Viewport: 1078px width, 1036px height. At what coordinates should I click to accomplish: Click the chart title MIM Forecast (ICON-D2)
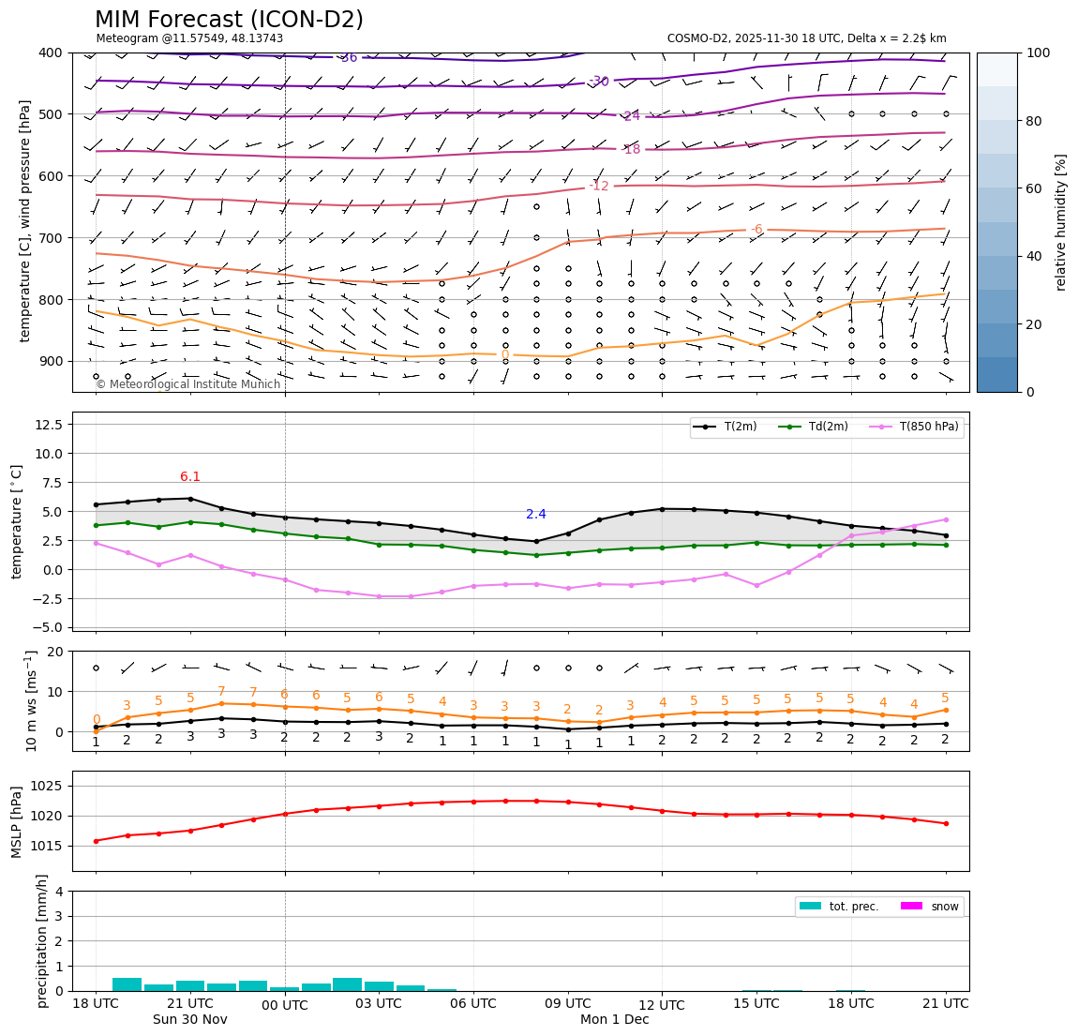coord(229,20)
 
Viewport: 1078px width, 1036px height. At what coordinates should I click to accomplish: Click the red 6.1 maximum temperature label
coord(190,477)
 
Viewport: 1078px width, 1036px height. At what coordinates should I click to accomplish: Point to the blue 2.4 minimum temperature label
coord(536,515)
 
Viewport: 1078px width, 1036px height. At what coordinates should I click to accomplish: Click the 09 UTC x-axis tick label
coord(567,1004)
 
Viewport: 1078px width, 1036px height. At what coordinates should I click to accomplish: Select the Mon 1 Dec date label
coord(614,1020)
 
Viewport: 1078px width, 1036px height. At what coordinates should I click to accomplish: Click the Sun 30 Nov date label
coord(190,1020)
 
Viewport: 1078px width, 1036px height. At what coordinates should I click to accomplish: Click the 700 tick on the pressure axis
coord(51,237)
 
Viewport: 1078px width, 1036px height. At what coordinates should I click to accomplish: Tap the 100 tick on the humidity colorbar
coord(1038,53)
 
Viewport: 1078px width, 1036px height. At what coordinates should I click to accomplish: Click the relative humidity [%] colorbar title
coord(1061,222)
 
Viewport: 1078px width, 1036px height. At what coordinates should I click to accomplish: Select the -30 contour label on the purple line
coord(599,82)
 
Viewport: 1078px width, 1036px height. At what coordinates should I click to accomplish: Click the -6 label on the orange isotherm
coord(756,230)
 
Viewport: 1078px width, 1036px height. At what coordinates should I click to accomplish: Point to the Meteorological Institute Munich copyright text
coord(187,384)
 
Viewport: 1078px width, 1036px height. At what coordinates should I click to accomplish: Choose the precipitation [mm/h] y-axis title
coord(42,940)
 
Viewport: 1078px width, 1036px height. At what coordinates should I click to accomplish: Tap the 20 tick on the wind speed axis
coord(55,652)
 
